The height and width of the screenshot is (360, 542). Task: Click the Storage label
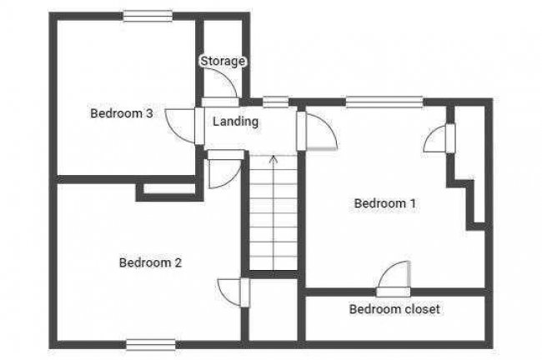(223, 61)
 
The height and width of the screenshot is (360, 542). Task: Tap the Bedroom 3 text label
(122, 113)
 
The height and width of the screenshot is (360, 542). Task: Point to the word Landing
(235, 122)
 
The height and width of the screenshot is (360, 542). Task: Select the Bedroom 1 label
(384, 203)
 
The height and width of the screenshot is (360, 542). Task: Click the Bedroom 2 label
(150, 262)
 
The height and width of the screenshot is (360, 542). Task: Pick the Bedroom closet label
(394, 309)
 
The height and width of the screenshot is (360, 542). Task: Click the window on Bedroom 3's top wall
(148, 16)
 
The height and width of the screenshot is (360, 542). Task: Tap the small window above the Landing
(275, 102)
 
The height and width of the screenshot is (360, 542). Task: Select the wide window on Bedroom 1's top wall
(384, 102)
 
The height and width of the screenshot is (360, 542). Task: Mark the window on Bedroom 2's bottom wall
(151, 344)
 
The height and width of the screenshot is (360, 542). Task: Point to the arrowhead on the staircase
(274, 159)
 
